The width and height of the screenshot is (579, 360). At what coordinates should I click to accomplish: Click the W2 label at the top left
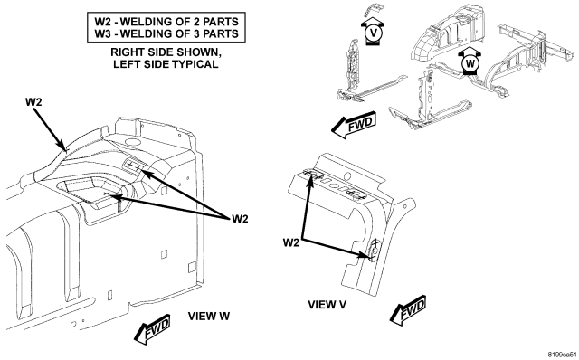[33, 102]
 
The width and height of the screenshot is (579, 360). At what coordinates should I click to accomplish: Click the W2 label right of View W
[240, 219]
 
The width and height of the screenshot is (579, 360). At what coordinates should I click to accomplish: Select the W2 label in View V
[291, 242]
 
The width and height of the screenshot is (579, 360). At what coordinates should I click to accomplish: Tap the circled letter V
[374, 33]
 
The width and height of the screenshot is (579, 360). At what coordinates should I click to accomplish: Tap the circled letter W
[470, 63]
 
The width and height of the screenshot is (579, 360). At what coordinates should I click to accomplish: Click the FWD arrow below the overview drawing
[354, 125]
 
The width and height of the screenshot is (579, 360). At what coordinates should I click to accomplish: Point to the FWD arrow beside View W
[152, 329]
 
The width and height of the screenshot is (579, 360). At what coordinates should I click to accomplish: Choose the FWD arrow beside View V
[408, 310]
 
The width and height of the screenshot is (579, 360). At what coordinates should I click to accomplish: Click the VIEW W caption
[209, 316]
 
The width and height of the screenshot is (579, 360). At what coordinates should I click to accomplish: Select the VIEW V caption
[327, 305]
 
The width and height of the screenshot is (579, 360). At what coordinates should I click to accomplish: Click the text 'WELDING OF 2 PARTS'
[179, 22]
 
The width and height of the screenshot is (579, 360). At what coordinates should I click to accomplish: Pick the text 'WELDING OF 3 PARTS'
[179, 33]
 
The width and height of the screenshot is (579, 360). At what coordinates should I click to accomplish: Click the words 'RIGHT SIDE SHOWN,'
[166, 52]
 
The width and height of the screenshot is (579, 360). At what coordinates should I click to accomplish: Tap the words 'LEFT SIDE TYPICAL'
[166, 64]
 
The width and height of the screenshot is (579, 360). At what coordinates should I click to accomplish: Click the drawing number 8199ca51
[563, 354]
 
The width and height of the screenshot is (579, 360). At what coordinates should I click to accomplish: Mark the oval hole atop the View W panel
[131, 141]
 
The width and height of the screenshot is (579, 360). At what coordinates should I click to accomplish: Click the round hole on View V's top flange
[346, 175]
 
